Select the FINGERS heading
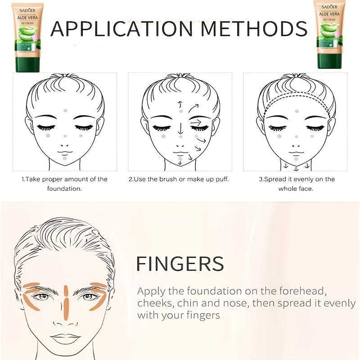click(x=180, y=264)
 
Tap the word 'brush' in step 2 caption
click(x=170, y=179)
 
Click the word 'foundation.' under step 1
click(x=64, y=189)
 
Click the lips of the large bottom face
click(x=65, y=338)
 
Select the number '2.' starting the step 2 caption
click(x=131, y=179)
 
